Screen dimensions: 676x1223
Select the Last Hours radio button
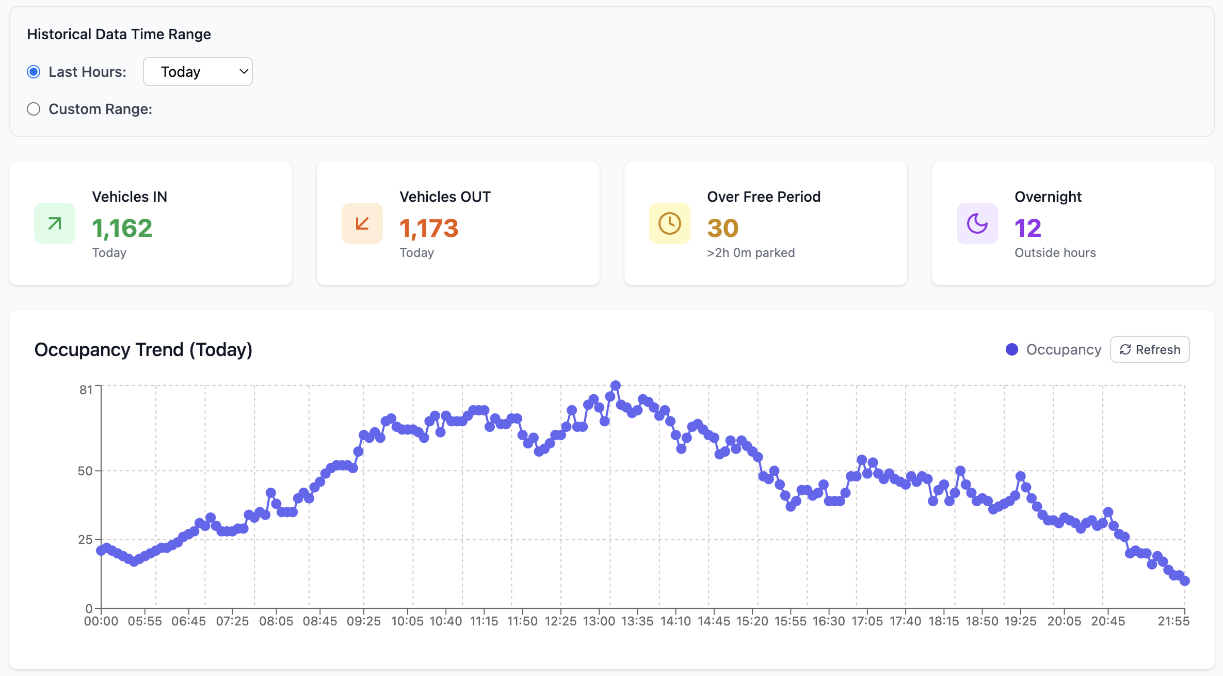tap(34, 72)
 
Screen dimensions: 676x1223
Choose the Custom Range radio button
tap(34, 109)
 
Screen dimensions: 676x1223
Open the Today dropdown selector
tap(198, 72)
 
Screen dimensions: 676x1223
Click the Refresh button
tap(1150, 350)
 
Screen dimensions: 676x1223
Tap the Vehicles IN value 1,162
tap(122, 228)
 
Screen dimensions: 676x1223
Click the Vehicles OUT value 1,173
tap(429, 228)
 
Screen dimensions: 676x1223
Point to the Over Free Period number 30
tap(722, 228)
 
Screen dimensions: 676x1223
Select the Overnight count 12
tap(1027, 228)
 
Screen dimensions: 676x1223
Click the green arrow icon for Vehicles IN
tap(55, 223)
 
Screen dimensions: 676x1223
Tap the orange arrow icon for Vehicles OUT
tap(362, 223)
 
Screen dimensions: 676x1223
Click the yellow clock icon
tap(670, 223)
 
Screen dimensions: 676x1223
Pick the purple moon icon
tap(977, 223)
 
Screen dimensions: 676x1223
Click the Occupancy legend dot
tap(1012, 350)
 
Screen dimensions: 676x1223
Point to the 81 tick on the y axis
tap(86, 390)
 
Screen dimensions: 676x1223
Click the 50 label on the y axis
tap(85, 471)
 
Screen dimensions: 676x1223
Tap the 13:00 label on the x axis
tap(599, 621)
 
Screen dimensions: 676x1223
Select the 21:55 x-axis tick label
tap(1173, 621)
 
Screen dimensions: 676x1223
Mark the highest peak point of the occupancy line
tap(615, 385)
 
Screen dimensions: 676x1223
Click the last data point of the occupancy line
tap(1185, 581)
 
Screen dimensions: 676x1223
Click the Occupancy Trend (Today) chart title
tap(143, 350)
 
